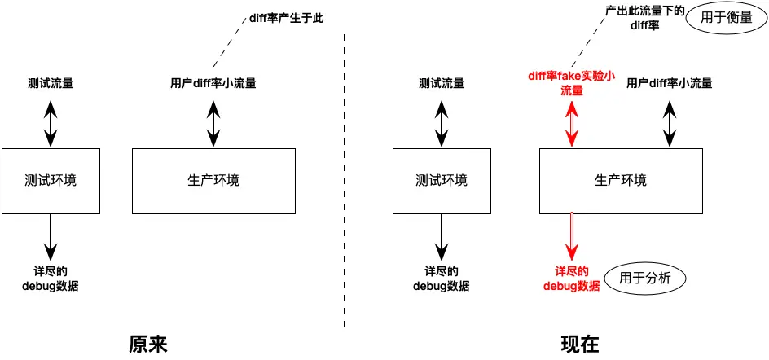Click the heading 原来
[148, 344]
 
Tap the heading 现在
[580, 344]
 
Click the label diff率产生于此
[283, 18]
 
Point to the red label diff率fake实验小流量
[572, 83]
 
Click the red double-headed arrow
[573, 123]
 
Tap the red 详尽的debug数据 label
[572, 278]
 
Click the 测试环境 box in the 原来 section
[51, 181]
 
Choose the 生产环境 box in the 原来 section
[213, 181]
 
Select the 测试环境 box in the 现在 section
[442, 181]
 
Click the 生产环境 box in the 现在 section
[622, 181]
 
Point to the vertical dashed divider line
[345, 179]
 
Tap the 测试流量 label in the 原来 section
[51, 82]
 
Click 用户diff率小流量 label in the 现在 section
[670, 82]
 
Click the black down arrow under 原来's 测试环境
[51, 236]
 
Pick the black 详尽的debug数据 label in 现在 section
[442, 278]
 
